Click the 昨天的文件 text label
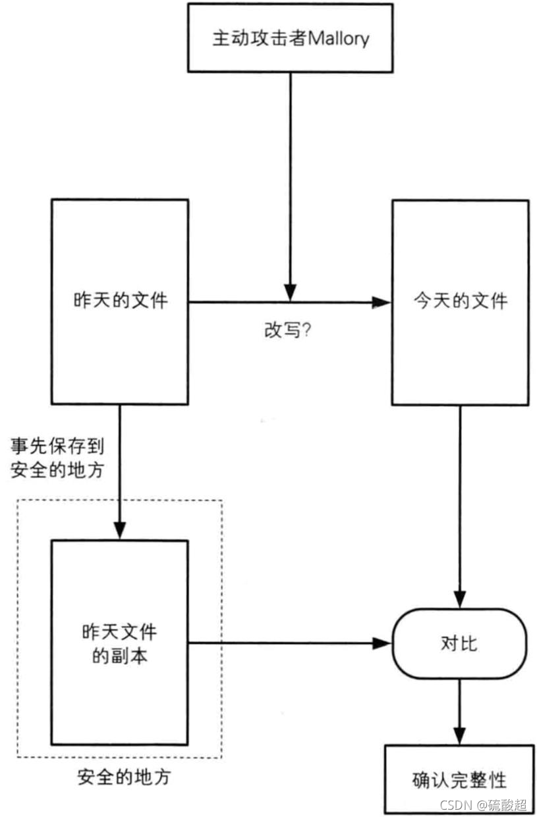120,301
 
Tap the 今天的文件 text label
460,301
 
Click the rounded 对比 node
459,643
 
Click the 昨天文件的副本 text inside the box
120,643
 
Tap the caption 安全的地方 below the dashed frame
123,777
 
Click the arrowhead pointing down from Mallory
290,292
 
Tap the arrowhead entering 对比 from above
460,598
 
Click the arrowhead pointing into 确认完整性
460,735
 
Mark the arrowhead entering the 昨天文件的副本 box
120,530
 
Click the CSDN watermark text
455,804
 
